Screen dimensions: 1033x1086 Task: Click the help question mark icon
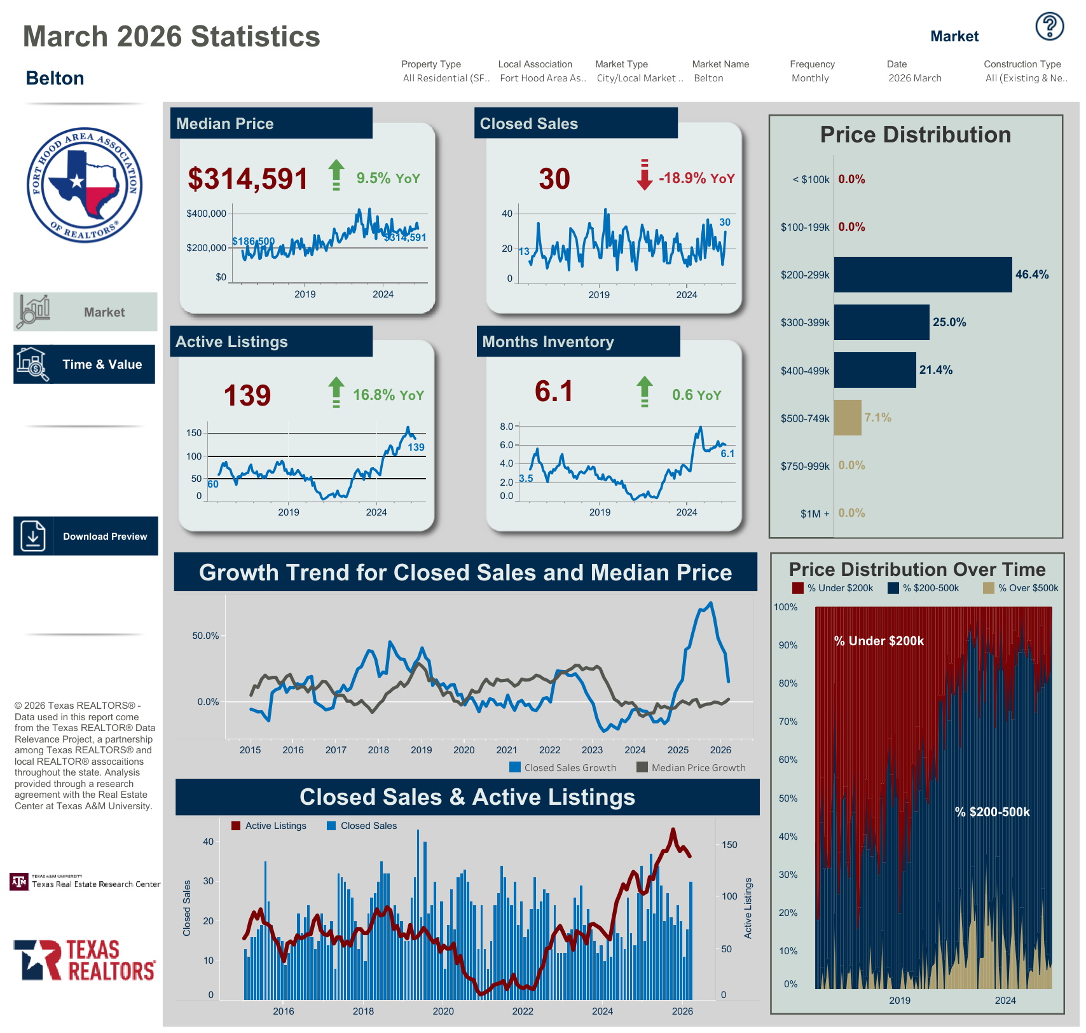[1049, 27]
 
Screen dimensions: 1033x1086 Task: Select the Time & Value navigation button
[85, 364]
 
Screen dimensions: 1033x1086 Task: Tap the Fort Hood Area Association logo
[85, 185]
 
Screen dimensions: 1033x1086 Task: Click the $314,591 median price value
[247, 179]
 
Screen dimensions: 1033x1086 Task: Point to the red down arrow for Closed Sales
[644, 175]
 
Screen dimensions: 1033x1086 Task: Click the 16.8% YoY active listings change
[388, 395]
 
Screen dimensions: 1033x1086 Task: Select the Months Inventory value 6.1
[554, 392]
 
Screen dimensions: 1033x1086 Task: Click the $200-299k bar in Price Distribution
[922, 275]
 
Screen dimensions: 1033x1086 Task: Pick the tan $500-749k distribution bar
[847, 418]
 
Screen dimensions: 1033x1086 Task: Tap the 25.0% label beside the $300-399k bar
[949, 322]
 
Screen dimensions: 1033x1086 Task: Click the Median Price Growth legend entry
[692, 768]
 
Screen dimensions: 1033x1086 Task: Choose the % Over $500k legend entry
[1021, 588]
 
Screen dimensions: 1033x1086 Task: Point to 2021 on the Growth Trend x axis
[507, 750]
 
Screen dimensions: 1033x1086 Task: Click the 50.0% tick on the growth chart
[205, 636]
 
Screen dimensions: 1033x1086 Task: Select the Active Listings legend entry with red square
[269, 826]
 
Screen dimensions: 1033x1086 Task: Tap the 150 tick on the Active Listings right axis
[729, 845]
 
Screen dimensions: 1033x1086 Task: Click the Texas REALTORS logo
[85, 960]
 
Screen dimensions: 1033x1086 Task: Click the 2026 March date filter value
[914, 78]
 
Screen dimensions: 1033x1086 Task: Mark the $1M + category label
[814, 514]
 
